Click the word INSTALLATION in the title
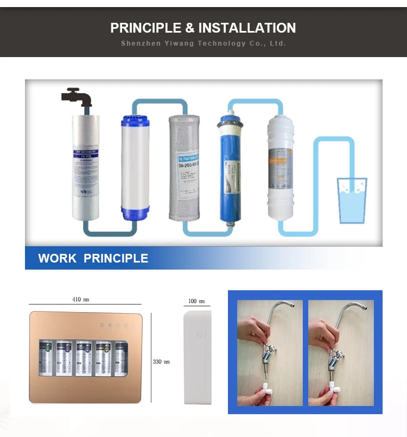[x=247, y=28]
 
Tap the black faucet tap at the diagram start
[x=76, y=97]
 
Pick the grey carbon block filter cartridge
[x=184, y=168]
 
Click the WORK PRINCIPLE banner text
[x=93, y=258]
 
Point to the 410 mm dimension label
[x=81, y=299]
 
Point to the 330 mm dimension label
[x=161, y=361]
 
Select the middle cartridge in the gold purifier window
[x=83, y=358]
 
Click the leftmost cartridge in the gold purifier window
[x=47, y=358]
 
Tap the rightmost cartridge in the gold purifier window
[x=119, y=358]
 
